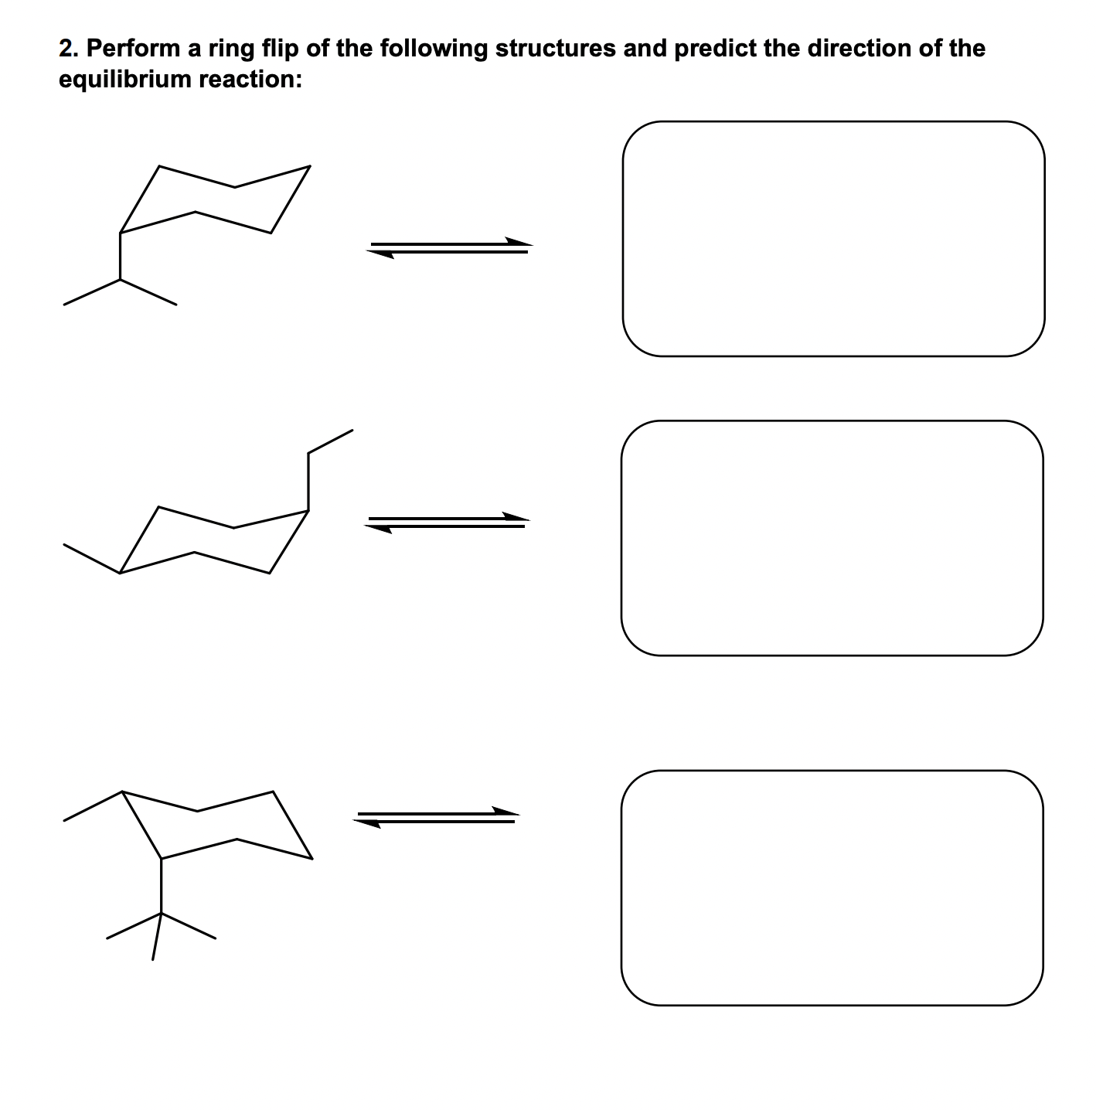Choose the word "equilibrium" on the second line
coord(124,80)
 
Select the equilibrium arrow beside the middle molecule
coord(448,523)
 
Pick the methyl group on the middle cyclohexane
coord(91,559)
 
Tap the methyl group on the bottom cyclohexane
coord(91,806)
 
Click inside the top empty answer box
coord(833,239)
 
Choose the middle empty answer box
coord(832,538)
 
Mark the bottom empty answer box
coord(832,887)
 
